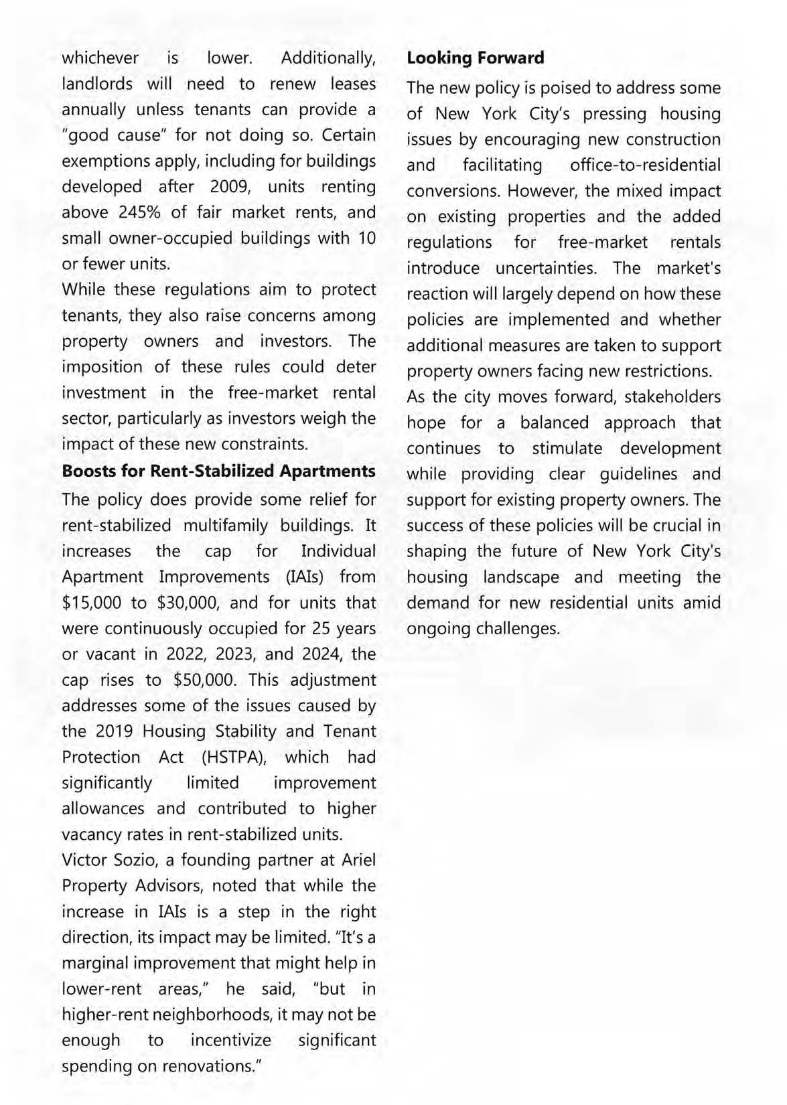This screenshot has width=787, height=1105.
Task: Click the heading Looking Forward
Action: point(475,58)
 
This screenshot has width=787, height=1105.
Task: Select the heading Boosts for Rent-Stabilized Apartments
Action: point(218,471)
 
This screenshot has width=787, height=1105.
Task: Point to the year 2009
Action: point(229,187)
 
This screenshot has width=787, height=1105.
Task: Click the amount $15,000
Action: point(92,603)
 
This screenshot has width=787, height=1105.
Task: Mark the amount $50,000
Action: point(204,680)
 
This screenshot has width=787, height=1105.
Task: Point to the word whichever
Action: point(100,58)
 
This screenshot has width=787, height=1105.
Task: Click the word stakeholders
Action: point(672,397)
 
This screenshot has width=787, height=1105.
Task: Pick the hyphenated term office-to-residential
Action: point(645,165)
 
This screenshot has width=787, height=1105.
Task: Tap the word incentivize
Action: point(231,1041)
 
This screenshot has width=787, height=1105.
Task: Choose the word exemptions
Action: point(102,161)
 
